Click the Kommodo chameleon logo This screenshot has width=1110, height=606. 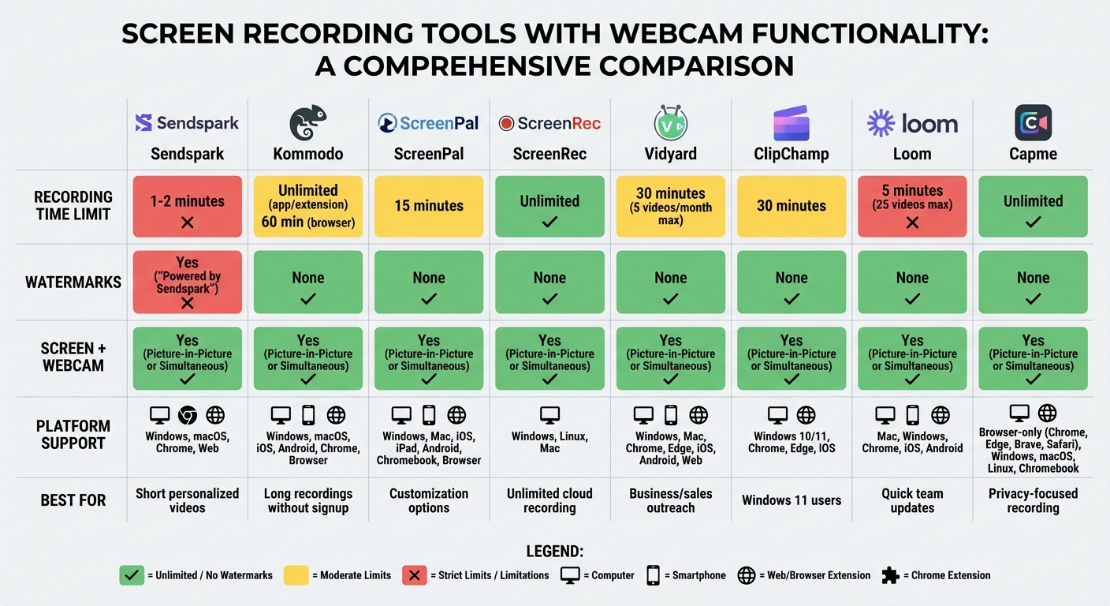[x=307, y=123]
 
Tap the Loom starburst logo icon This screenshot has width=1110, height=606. [x=881, y=123]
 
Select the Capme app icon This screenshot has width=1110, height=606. [x=1033, y=123]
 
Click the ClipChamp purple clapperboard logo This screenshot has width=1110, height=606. [x=791, y=123]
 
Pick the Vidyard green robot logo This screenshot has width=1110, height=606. [x=670, y=122]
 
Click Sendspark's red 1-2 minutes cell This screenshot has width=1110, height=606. [x=187, y=207]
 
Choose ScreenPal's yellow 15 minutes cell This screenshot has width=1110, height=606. [x=428, y=207]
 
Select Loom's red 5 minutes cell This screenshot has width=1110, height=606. [x=912, y=207]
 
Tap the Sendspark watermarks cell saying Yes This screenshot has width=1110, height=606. [x=187, y=282]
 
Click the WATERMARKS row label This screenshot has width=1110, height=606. [x=73, y=282]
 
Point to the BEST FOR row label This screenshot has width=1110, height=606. [x=73, y=500]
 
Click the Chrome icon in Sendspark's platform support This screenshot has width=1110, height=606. [x=188, y=415]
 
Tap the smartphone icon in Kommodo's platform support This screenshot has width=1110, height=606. [x=308, y=415]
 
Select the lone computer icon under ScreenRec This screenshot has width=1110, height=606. [x=549, y=415]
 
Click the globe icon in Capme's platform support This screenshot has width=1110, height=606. [x=1047, y=413]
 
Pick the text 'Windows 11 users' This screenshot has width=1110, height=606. [x=791, y=500]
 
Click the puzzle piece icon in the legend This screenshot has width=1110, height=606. [x=890, y=575]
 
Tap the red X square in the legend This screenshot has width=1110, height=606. [x=414, y=575]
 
